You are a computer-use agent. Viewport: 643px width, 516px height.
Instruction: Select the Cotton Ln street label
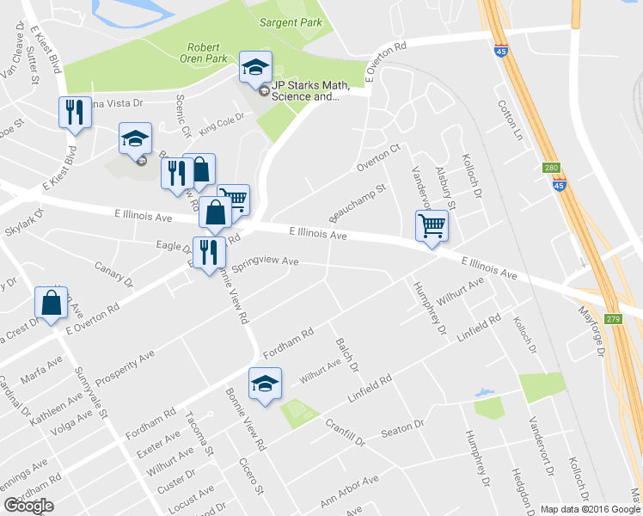click(x=510, y=120)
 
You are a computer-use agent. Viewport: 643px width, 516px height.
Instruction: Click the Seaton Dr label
click(x=402, y=427)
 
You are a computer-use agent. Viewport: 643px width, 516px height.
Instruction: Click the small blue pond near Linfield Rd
click(x=486, y=394)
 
